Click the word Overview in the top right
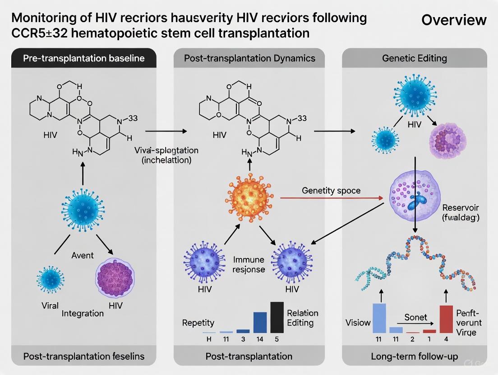[454, 20]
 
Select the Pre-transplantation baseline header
[83, 58]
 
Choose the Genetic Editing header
[414, 58]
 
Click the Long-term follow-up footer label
[414, 356]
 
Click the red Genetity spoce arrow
[332, 197]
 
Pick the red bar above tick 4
[446, 319]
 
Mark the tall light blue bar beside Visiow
[379, 318]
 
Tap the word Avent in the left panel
[83, 255]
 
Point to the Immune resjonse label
[249, 265]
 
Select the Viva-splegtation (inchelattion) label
[167, 155]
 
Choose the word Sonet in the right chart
[415, 317]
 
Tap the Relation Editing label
[303, 318]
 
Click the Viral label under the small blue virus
[50, 305]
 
